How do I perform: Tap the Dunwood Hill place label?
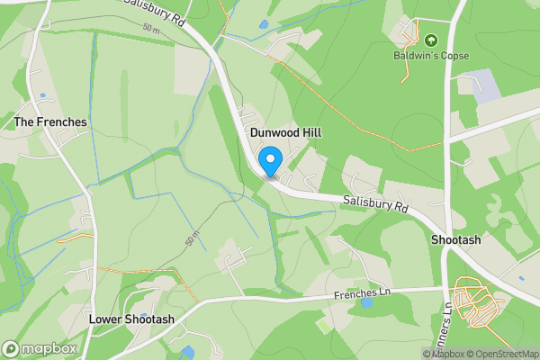point(285,132)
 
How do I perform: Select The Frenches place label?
point(50,121)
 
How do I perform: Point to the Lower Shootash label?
point(131,319)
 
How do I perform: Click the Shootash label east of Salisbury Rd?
point(455,241)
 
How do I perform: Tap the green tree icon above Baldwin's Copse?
point(429,40)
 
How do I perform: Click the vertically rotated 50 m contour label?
point(191,241)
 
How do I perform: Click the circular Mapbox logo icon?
point(12,348)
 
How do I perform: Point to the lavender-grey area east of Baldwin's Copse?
point(484,85)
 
